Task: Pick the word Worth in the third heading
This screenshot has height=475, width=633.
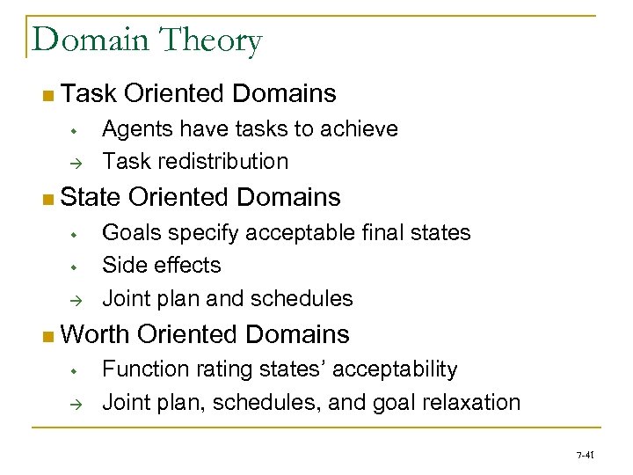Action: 96,334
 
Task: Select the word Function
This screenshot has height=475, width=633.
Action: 141,369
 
